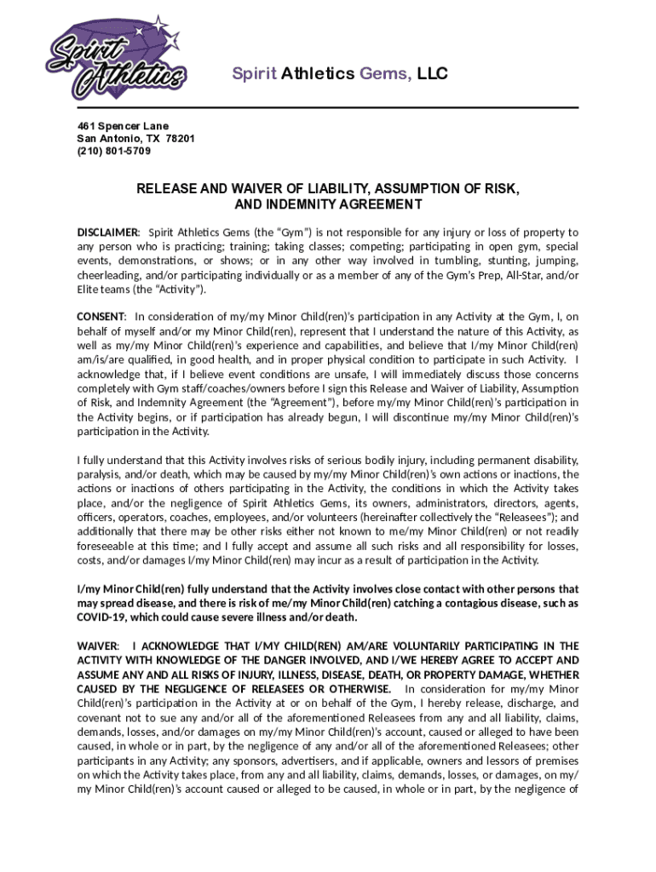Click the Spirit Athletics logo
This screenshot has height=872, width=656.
pos(114,54)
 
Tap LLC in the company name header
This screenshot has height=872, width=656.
pos(432,74)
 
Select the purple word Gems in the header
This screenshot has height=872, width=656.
pos(385,74)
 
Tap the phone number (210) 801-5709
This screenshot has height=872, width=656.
pos(114,151)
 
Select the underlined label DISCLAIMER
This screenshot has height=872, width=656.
pos(108,232)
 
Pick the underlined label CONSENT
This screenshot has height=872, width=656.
pos(101,317)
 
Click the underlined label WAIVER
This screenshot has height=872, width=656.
pos(97,646)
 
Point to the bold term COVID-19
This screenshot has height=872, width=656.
pos(105,617)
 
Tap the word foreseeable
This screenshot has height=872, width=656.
pos(107,545)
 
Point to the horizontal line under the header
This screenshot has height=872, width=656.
pos(328,107)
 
